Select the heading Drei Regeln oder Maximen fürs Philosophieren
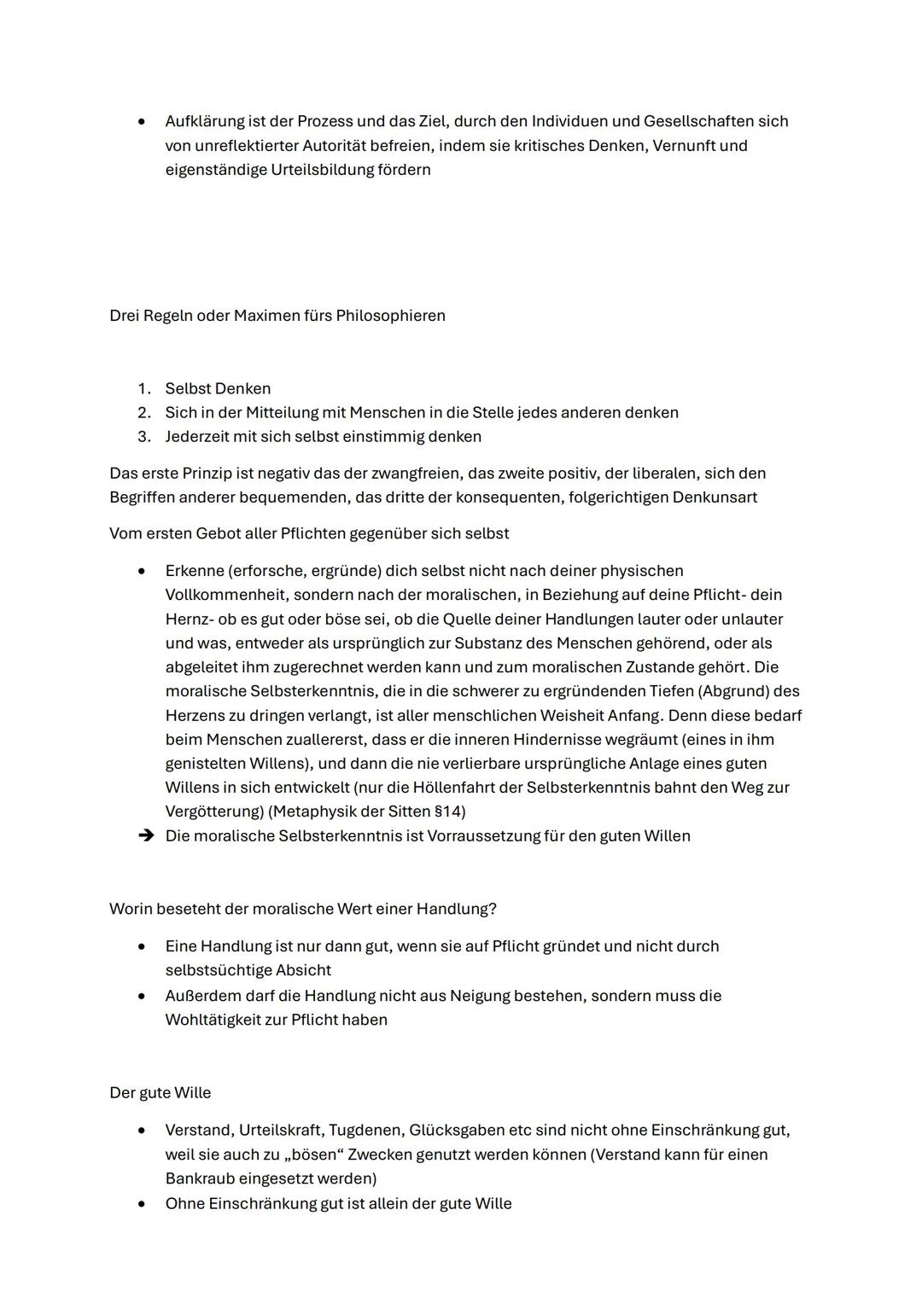coord(277,316)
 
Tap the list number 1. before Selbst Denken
coord(143,389)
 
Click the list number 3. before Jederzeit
coord(143,437)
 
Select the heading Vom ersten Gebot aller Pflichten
coord(309,534)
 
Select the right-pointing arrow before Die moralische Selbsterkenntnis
coord(147,836)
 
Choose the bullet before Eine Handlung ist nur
coord(142,946)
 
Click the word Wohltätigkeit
coord(215,1020)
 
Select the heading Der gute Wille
coord(160,1093)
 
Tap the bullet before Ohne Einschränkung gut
coord(142,1204)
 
